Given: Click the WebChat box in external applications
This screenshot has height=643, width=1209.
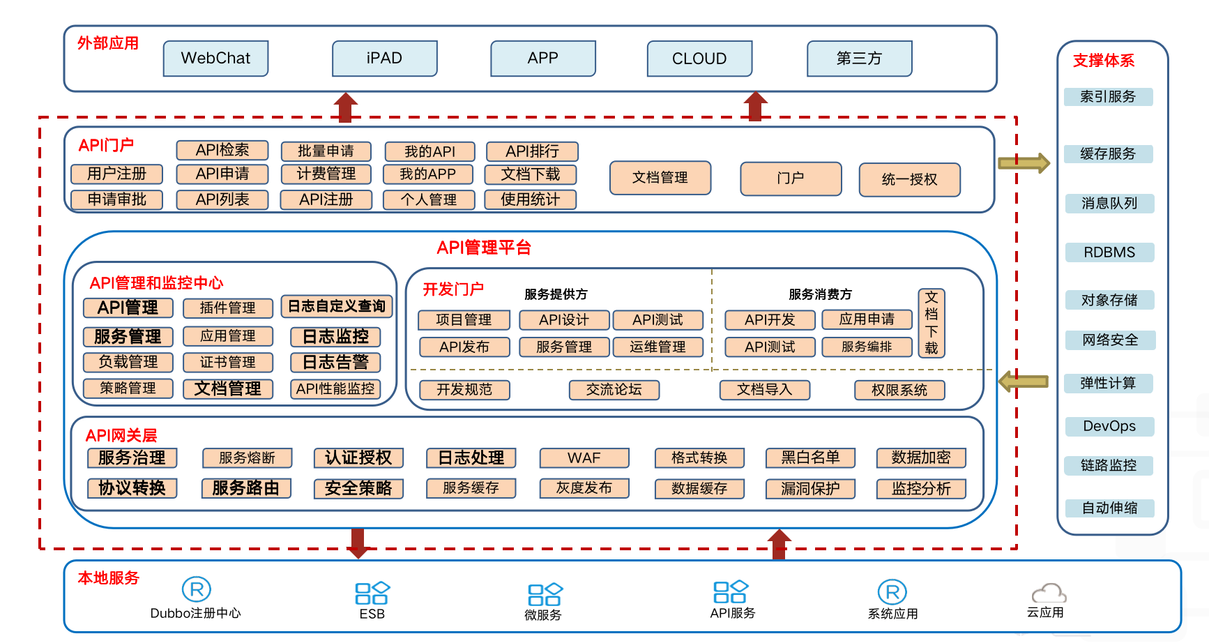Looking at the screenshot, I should point(215,59).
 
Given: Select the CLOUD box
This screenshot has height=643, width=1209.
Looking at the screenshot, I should point(699,59).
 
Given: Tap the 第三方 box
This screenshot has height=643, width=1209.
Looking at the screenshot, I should point(859,59).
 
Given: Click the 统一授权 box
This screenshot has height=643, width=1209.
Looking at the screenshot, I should point(909,179).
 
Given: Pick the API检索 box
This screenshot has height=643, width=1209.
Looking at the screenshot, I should point(222,150).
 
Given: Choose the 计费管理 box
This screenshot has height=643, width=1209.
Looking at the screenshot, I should point(326,174).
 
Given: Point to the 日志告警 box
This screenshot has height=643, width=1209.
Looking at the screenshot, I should point(335,362).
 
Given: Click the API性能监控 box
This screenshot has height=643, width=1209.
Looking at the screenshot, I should point(335,388).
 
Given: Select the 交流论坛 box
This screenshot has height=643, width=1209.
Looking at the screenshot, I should point(614,389).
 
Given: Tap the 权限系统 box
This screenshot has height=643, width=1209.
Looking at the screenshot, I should point(899,390).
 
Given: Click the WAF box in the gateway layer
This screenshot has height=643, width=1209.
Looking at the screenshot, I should point(584,457).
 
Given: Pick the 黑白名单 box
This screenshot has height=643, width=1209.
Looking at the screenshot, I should point(810,457).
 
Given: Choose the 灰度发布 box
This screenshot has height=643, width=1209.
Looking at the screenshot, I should point(584,488).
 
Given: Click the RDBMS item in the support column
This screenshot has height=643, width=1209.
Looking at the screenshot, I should point(1109,252).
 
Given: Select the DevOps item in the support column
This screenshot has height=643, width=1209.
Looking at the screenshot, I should point(1109,426).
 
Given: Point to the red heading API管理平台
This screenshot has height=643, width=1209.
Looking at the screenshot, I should point(484,248).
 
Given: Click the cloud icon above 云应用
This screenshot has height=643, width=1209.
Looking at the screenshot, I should point(1049,593).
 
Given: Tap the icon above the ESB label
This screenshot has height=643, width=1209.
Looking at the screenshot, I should point(372,593).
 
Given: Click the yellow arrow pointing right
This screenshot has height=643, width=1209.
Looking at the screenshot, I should point(1024,163).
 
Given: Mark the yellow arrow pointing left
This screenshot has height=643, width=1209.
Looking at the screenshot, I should point(1024,381).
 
